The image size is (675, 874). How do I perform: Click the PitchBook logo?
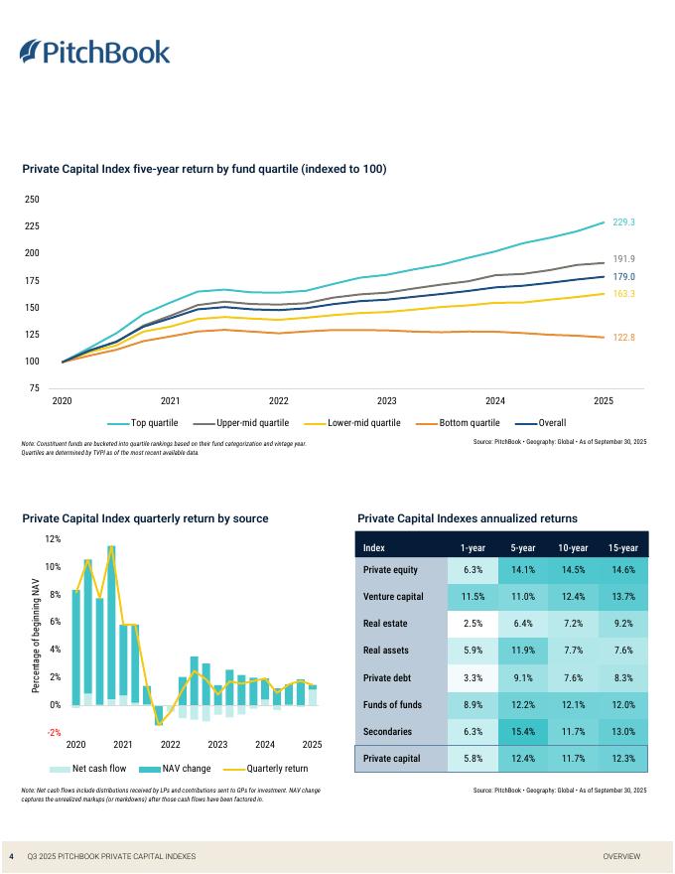click(x=94, y=52)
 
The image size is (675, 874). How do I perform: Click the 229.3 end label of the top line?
click(x=623, y=222)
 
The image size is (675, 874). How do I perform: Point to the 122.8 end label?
click(x=623, y=338)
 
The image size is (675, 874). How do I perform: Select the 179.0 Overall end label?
click(x=623, y=276)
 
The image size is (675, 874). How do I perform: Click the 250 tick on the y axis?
click(x=31, y=200)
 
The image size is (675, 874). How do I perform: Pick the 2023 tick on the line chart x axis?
click(x=387, y=401)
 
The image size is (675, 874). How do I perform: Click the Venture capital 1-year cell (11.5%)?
click(x=472, y=597)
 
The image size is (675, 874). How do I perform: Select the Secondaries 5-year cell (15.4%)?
click(x=523, y=731)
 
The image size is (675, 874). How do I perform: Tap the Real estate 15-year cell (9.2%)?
click(x=622, y=624)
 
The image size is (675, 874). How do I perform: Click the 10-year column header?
click(x=572, y=548)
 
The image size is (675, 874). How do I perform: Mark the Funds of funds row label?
click(x=392, y=704)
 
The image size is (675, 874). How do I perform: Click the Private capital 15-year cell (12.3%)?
click(x=622, y=759)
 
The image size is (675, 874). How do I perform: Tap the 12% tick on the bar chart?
click(x=53, y=539)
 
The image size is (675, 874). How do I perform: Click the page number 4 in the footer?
click(x=11, y=856)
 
